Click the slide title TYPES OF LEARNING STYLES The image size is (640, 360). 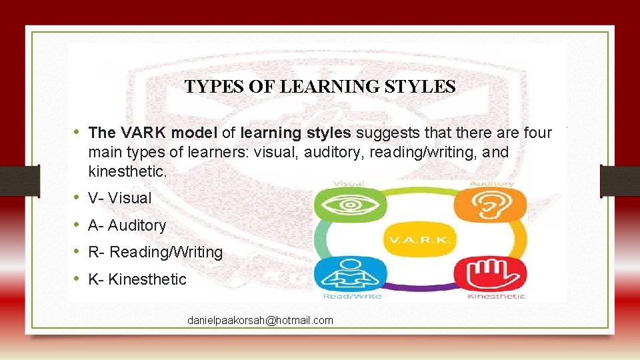pos(320,87)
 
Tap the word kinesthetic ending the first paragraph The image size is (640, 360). pos(127,171)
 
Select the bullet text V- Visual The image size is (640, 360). pos(119,198)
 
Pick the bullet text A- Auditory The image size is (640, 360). pos(127,225)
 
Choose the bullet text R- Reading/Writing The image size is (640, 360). pos(155,252)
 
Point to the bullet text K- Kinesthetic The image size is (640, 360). pos(137,279)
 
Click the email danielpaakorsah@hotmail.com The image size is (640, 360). pos(260,321)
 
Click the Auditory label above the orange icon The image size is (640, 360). pos(491,183)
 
